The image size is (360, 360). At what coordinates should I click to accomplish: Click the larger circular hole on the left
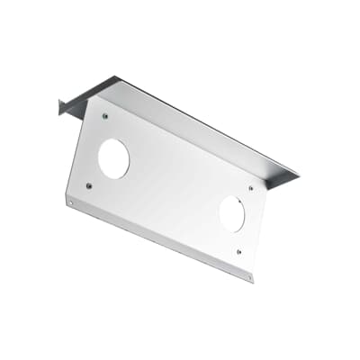coord(113,159)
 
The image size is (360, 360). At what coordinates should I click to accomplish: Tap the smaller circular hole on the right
coord(232,214)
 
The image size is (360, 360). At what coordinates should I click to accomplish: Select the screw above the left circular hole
coord(106,116)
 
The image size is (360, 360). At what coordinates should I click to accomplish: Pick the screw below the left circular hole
coord(88,185)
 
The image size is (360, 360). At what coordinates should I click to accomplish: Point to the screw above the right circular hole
coord(251,188)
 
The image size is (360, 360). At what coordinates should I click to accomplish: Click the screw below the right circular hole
coord(238,252)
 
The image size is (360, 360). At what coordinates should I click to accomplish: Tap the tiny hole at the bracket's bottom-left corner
coord(71,202)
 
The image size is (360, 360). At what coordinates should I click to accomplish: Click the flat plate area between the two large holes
coord(171,189)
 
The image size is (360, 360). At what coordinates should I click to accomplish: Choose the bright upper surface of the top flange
coord(198,126)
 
